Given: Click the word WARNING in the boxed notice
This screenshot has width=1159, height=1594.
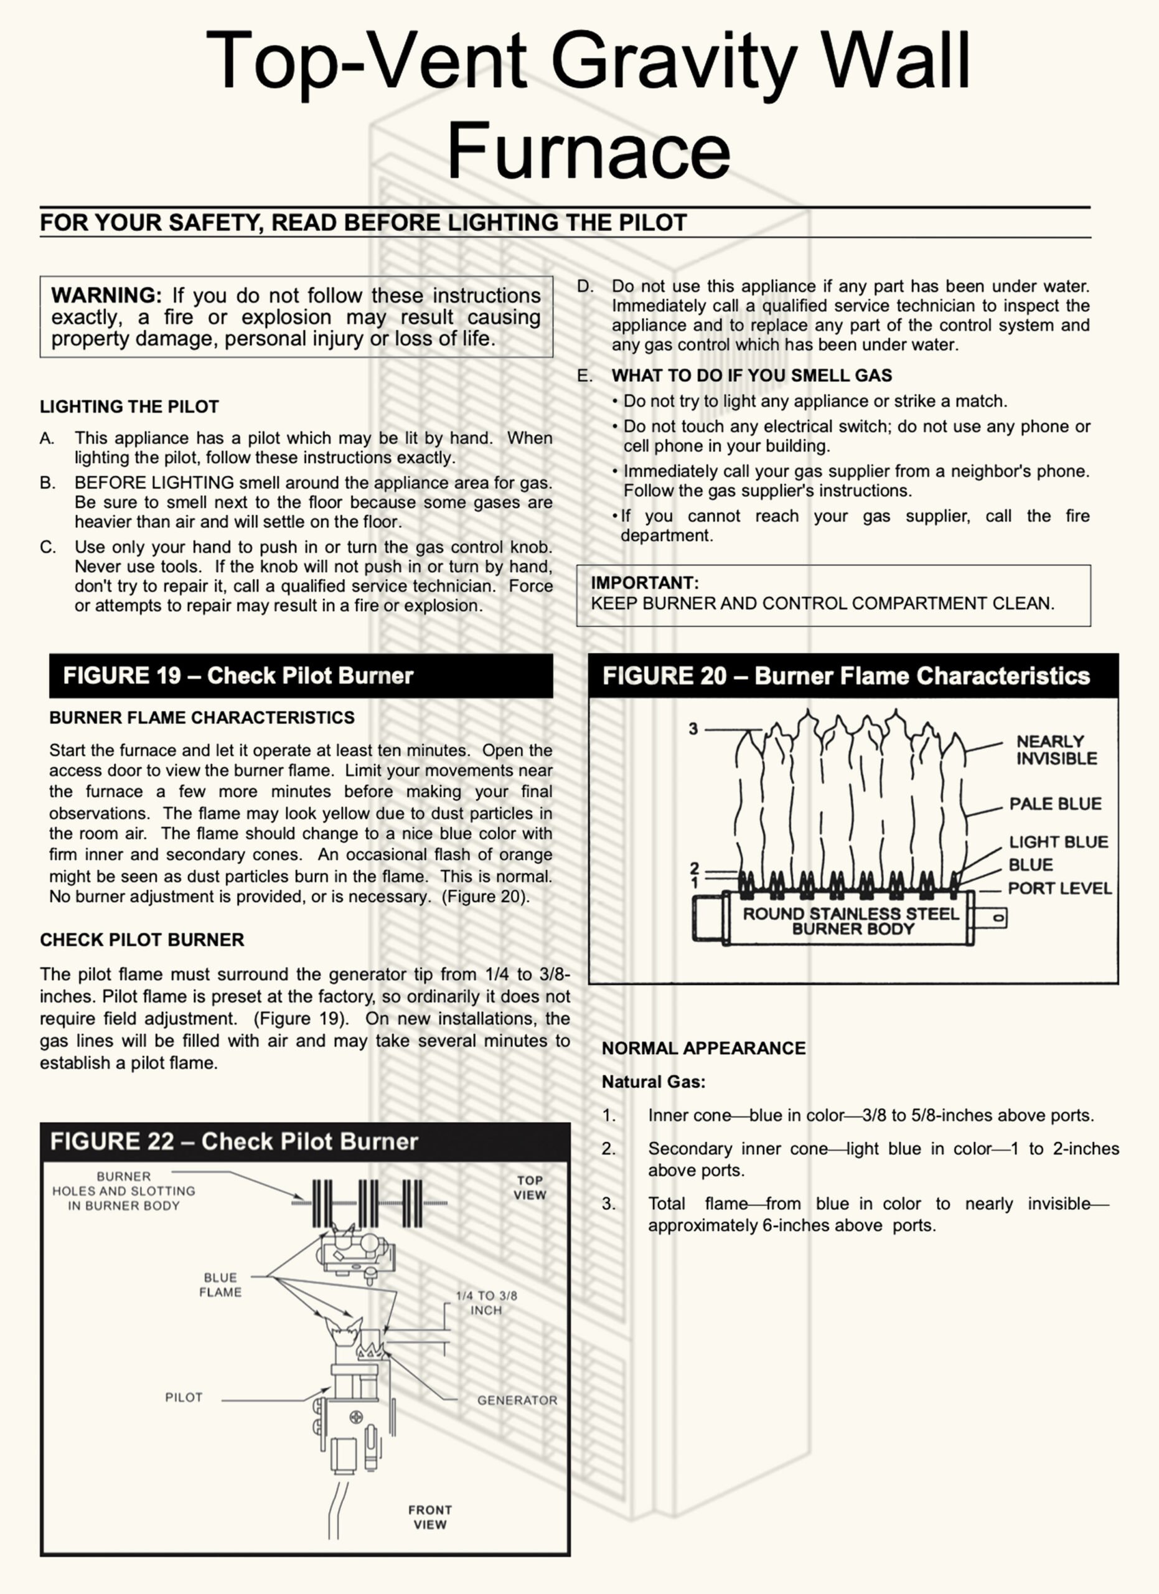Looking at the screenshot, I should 106,295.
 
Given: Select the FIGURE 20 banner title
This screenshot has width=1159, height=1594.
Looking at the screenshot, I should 846,676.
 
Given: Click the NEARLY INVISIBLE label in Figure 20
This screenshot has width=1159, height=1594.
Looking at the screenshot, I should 1056,750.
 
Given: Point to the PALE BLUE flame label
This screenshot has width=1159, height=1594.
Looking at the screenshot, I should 1055,803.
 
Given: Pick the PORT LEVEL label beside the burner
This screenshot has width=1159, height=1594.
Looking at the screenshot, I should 1059,889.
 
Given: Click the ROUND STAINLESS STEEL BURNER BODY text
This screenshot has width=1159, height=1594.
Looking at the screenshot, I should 851,921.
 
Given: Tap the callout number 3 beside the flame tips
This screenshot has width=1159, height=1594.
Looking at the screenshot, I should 693,729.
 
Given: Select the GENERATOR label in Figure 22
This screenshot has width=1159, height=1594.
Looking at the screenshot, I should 517,1400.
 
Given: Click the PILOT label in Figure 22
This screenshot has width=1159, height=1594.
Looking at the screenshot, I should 184,1397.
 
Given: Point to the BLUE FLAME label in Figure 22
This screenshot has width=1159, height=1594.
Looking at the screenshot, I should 220,1285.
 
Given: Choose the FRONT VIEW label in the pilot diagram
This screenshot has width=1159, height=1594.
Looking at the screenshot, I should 430,1517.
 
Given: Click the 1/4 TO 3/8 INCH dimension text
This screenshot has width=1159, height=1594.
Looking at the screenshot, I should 486,1303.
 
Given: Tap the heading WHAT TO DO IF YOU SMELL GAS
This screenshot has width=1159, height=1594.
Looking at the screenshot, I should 751,375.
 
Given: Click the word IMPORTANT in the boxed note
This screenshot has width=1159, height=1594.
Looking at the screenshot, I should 644,583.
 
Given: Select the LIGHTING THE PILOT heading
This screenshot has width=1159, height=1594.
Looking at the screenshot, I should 129,406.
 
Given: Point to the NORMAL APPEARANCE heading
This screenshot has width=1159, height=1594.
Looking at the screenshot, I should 703,1048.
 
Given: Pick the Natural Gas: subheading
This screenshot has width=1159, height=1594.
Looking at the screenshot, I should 653,1082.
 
